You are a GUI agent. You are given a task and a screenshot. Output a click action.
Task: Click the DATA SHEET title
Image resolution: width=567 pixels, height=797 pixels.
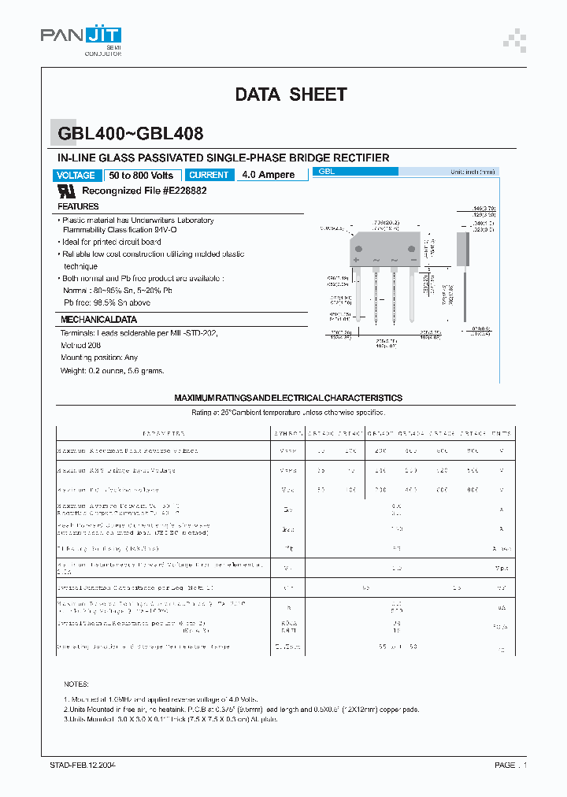click(x=291, y=95)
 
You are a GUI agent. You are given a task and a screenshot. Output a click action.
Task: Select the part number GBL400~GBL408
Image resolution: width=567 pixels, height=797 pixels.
click(x=130, y=135)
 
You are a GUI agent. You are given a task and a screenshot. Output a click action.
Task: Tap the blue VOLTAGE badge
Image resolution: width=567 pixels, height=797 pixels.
click(x=77, y=175)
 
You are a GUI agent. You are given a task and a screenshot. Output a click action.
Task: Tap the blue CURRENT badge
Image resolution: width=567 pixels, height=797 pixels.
click(x=209, y=175)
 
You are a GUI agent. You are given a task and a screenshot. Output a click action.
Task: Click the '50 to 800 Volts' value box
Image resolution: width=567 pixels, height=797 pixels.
click(x=142, y=175)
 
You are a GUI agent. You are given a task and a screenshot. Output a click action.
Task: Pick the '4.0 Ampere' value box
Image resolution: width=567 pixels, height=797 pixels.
click(x=269, y=175)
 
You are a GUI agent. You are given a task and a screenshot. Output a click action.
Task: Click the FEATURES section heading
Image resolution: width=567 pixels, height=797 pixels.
click(x=78, y=206)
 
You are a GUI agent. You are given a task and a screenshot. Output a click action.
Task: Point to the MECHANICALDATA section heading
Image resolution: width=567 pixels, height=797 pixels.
click(x=98, y=320)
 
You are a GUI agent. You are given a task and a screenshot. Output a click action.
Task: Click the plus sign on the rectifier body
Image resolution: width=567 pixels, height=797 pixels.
click(x=357, y=259)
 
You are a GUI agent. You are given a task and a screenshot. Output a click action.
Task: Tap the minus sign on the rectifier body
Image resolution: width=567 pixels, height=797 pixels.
click(x=413, y=259)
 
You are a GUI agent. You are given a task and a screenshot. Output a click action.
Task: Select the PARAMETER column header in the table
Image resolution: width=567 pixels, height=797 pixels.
click(x=163, y=433)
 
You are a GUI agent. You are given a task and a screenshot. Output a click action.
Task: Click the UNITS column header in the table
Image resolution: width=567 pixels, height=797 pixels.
click(x=501, y=433)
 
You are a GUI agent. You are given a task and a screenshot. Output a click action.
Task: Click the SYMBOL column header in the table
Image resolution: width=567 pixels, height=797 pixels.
click(x=288, y=433)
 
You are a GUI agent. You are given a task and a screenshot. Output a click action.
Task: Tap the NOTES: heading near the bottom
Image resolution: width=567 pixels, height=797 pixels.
click(x=76, y=684)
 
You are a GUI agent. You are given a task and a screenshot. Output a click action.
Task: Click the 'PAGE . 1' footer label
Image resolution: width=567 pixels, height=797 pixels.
click(x=510, y=765)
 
